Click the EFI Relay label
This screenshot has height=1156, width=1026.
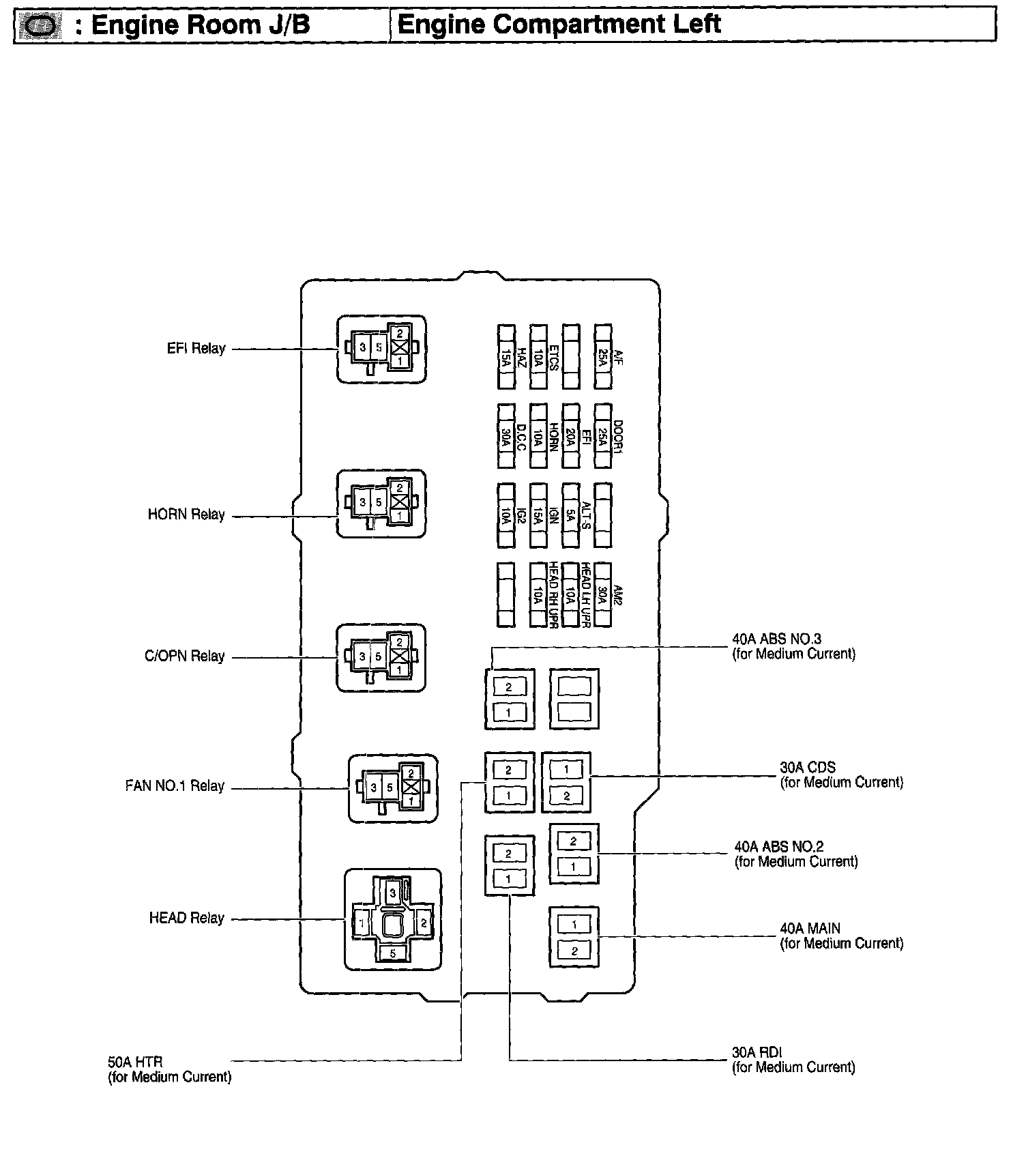tap(196, 349)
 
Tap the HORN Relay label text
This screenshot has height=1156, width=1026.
tap(186, 515)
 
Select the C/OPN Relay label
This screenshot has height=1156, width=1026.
tap(184, 656)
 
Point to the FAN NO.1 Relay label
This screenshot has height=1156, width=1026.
tap(175, 786)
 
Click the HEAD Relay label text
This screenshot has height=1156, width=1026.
tap(186, 919)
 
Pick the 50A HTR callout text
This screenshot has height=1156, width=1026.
tap(169, 1069)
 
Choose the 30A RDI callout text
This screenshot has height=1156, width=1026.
tap(793, 1060)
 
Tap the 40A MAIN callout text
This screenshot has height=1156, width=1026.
tap(841, 936)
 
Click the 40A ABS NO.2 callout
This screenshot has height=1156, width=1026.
tap(795, 854)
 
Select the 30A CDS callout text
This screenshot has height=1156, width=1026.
tap(841, 775)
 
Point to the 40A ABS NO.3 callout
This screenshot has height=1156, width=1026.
tap(793, 646)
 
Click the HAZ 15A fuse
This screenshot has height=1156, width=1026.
tap(506, 357)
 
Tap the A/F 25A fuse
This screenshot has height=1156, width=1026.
tap(603, 357)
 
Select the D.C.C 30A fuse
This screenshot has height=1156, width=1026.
tap(506, 435)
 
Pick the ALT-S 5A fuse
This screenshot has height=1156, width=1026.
tap(570, 515)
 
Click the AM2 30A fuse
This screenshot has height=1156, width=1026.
tap(603, 594)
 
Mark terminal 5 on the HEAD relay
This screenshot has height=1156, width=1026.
tap(392, 953)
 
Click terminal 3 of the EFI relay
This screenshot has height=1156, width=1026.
tap(363, 347)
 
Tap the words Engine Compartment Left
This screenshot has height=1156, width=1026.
tap(559, 25)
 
